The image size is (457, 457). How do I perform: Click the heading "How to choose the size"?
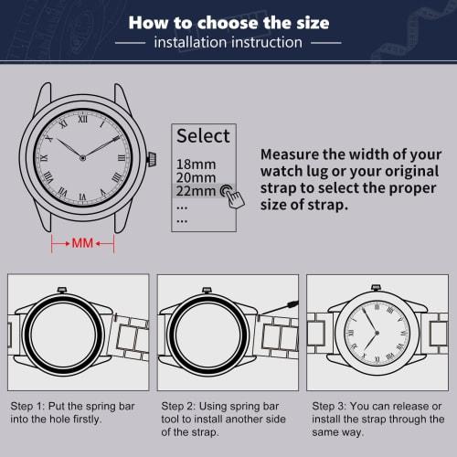(x=228, y=22)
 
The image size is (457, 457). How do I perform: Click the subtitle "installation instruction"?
(x=228, y=43)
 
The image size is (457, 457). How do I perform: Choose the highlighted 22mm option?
(x=195, y=190)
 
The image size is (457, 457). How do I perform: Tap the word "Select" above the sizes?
(x=203, y=136)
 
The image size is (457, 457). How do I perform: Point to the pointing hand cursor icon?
(x=227, y=193)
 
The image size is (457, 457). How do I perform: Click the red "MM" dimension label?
(x=82, y=244)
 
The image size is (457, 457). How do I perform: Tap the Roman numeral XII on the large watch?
(x=82, y=118)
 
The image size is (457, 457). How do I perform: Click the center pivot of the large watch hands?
(x=82, y=157)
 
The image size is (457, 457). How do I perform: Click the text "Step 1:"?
(x=29, y=405)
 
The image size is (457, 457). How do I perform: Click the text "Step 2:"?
(x=180, y=405)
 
